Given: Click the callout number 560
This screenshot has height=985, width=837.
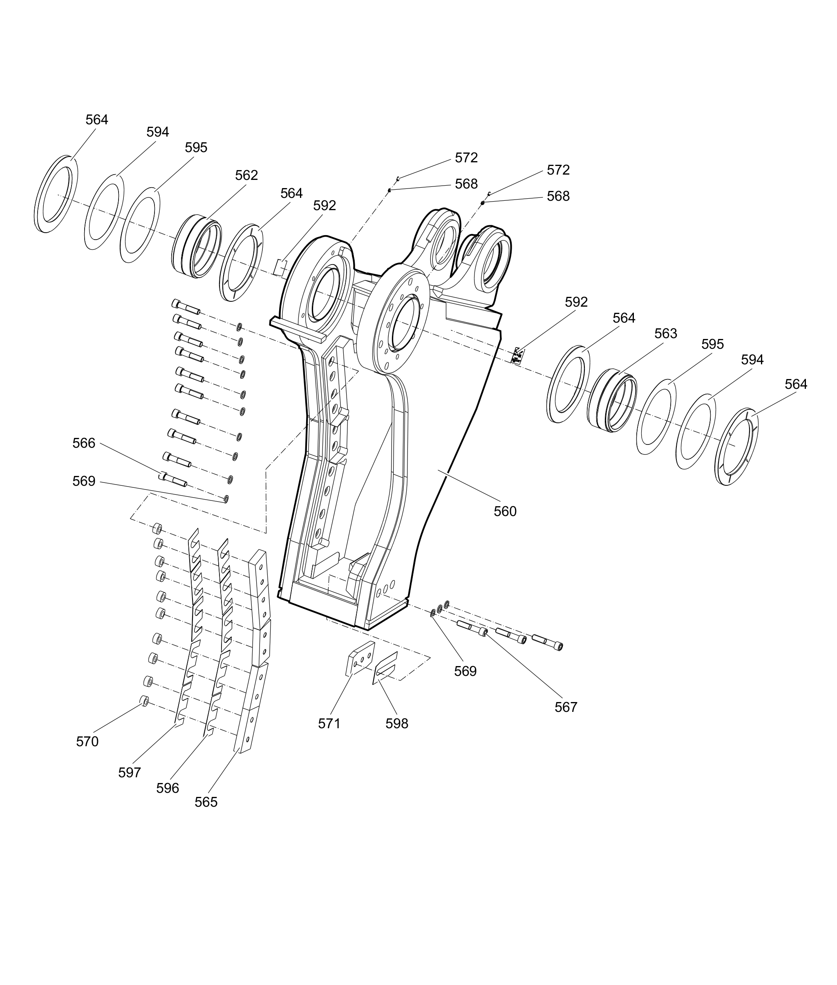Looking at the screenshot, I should click(505, 512).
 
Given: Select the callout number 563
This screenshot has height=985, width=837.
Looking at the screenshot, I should click(666, 334).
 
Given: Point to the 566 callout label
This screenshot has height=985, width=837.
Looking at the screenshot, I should click(83, 443).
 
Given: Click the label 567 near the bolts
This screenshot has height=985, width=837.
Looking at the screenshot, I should click(566, 707).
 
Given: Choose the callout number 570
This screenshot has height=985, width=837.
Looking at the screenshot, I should click(87, 741).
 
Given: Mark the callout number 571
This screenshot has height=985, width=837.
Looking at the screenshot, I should click(329, 723).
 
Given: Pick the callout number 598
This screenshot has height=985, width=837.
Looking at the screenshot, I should click(397, 723).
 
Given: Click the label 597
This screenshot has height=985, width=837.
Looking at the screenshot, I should click(130, 773).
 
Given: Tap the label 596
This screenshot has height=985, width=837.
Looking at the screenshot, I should click(168, 788).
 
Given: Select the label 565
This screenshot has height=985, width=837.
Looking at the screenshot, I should click(206, 802).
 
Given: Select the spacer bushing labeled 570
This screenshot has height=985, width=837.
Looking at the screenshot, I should click(144, 701).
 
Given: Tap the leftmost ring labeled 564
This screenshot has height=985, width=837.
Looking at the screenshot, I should click(56, 194).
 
